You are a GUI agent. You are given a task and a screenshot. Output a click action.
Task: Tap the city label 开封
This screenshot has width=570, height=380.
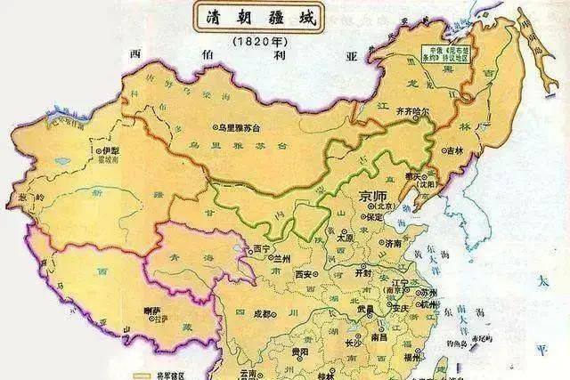(365, 273)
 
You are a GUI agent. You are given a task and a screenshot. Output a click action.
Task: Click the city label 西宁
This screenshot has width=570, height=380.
(261, 248)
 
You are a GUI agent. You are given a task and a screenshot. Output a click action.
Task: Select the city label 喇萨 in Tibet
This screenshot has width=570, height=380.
(152, 311)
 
